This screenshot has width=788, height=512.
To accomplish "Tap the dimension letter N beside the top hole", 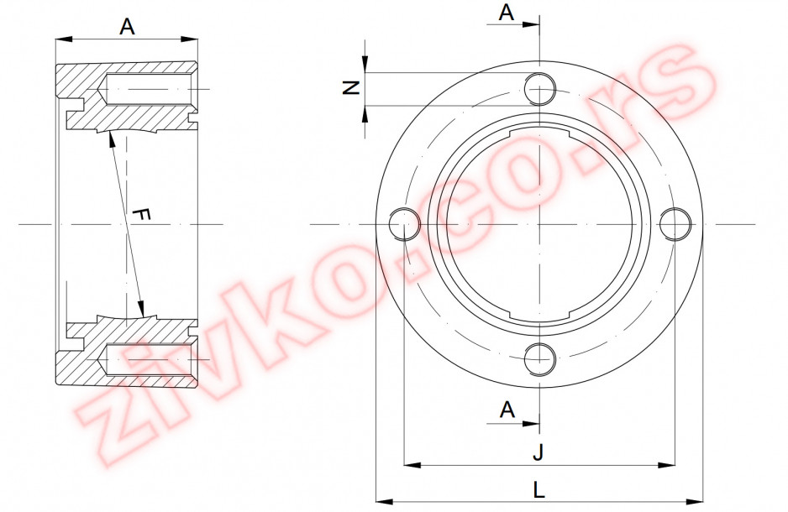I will pyautogui.click(x=353, y=88).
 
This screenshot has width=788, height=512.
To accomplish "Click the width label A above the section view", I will pyautogui.click(x=127, y=27).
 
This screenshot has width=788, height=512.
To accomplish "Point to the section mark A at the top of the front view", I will pyautogui.click(x=507, y=12).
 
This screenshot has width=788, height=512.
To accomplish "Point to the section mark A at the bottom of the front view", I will pyautogui.click(x=507, y=410).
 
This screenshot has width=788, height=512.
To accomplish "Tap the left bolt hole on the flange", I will pyautogui.click(x=404, y=224).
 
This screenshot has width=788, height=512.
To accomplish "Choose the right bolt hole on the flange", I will pyautogui.click(x=675, y=224).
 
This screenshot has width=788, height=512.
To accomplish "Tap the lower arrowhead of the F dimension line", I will pyautogui.click(x=141, y=310).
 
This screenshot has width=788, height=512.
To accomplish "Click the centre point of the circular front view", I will pyautogui.click(x=539, y=224).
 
